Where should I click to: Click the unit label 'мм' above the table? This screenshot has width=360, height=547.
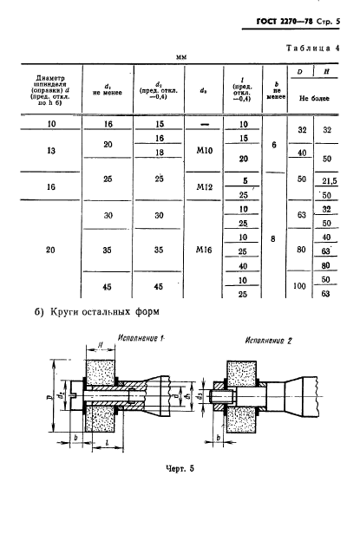click(x=182, y=57)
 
